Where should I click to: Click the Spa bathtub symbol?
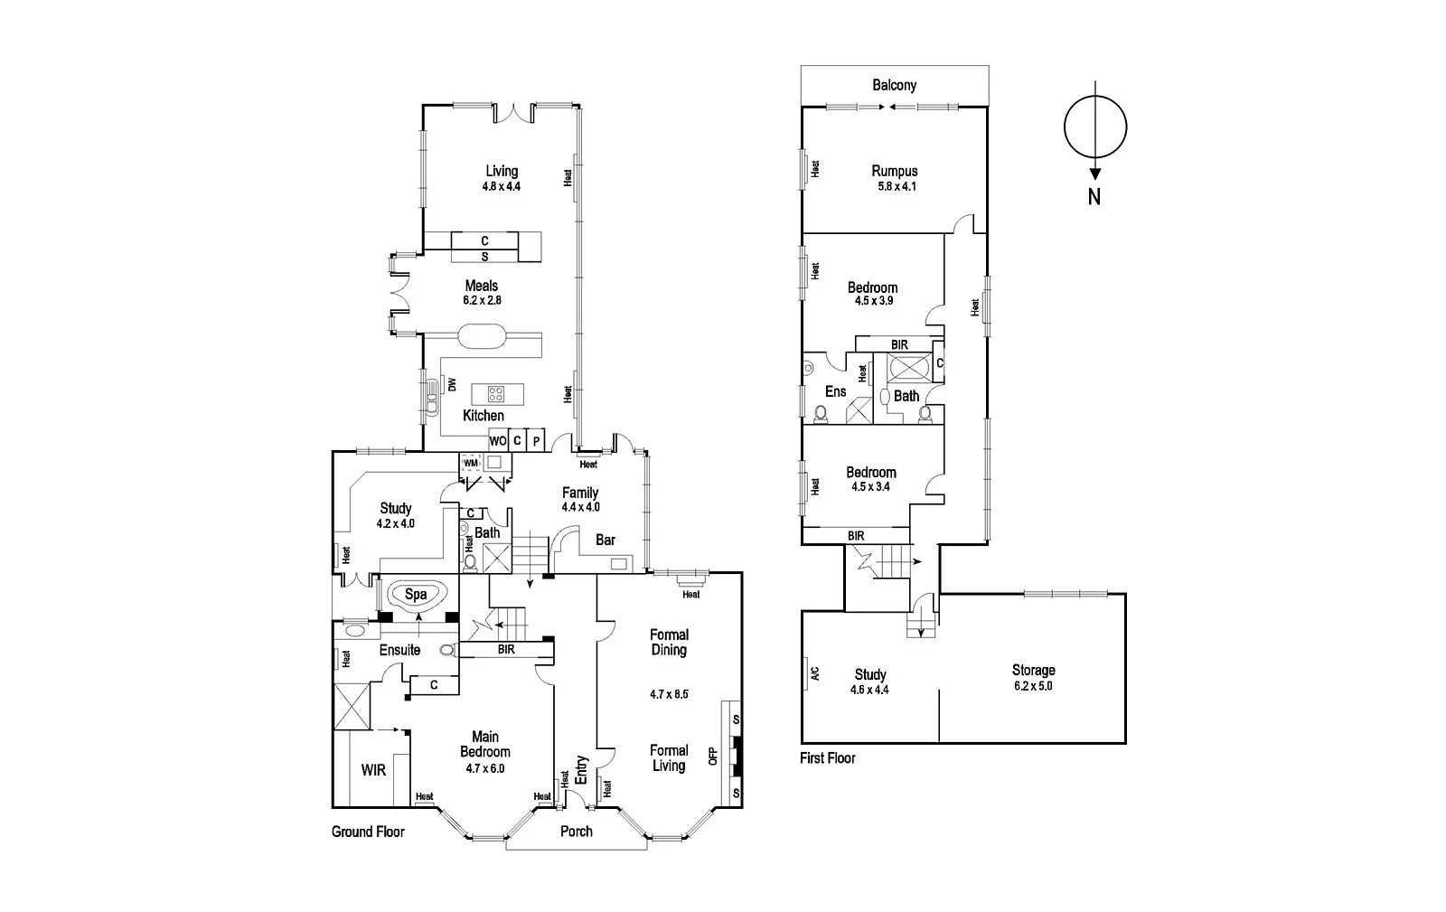(416, 595)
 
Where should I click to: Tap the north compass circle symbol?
(1095, 127)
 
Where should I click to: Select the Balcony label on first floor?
(894, 85)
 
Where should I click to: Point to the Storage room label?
(1033, 670)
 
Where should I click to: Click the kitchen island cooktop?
(496, 393)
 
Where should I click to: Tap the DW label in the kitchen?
(452, 385)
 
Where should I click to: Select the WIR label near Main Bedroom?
(373, 770)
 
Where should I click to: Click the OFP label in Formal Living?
(712, 756)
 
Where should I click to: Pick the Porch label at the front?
(576, 832)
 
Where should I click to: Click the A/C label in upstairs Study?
(813, 673)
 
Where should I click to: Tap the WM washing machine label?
(470, 463)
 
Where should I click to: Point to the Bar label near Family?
(606, 540)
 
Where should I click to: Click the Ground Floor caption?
(368, 832)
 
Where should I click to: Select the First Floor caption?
(827, 758)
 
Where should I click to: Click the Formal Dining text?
(669, 642)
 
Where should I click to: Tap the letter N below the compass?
(1094, 196)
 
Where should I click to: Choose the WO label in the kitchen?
(497, 441)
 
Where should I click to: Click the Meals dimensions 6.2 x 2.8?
(481, 300)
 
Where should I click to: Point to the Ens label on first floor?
(835, 391)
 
